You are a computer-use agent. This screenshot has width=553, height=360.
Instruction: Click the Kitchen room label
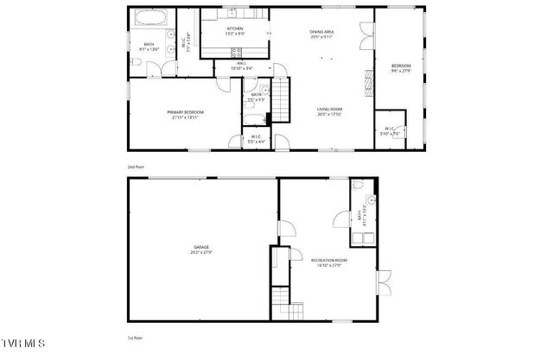click(234, 28)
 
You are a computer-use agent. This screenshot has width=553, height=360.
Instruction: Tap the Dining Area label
click(322, 33)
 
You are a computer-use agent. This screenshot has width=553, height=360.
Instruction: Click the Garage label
click(200, 248)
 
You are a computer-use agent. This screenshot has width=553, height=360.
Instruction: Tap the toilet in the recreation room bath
click(359, 187)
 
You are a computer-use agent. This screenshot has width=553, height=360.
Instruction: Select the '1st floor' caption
click(135, 338)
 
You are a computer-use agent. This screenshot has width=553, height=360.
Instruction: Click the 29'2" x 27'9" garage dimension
click(200, 252)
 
